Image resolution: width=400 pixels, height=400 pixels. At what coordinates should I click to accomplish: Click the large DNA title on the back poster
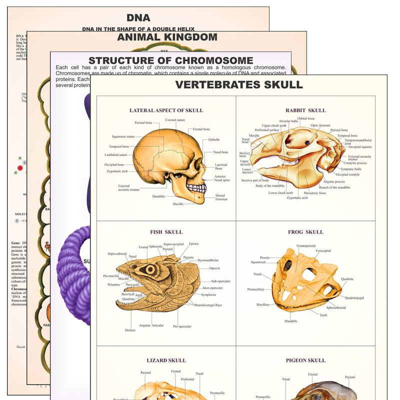tap(138, 18)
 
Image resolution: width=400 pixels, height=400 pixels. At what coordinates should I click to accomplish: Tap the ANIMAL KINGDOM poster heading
tap(167, 37)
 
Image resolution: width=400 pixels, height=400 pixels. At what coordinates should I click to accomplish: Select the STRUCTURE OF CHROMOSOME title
tap(170, 60)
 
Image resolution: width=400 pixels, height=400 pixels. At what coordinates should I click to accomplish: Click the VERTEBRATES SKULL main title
tap(239, 84)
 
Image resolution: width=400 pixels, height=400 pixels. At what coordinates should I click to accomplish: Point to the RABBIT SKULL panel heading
tap(305, 110)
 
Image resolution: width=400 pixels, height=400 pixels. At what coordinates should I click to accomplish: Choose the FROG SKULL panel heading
tap(305, 232)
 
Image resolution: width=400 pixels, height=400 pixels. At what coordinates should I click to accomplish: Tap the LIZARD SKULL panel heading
tap(166, 360)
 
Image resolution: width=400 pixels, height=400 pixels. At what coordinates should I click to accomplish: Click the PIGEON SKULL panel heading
tap(305, 360)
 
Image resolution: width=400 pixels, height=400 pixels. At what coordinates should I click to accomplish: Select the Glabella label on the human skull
tap(214, 140)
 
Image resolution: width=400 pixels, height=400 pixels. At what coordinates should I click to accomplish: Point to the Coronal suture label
tap(175, 120)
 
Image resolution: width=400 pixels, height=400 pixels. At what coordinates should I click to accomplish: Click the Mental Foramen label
tap(220, 197)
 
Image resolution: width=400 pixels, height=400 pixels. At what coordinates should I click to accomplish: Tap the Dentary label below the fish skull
tap(130, 330)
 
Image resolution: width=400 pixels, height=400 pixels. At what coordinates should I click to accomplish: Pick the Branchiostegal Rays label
tap(208, 305)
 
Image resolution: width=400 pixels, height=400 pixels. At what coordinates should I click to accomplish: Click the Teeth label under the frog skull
tap(323, 315)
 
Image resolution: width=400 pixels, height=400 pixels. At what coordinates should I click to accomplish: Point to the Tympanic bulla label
tap(351, 169)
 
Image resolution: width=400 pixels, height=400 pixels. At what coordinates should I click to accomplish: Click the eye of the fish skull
tap(150, 269)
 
